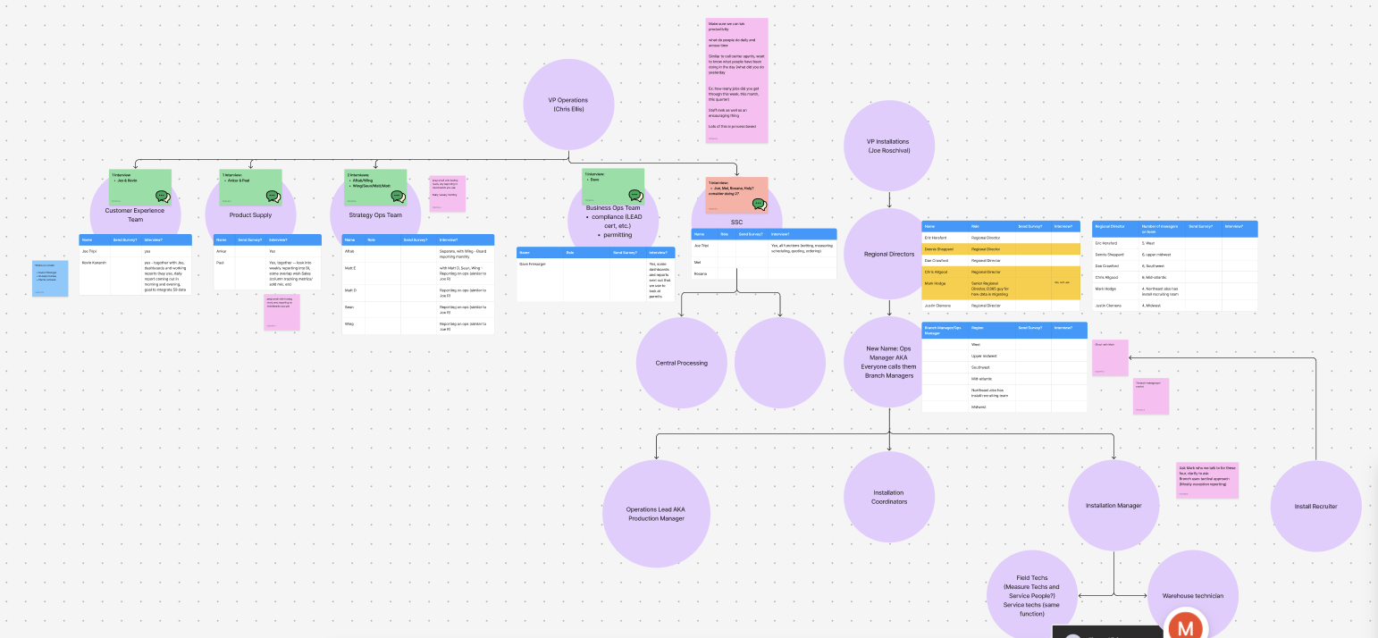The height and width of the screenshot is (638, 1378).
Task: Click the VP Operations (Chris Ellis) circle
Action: point(568,104)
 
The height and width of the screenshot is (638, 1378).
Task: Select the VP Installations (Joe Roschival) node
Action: point(889,146)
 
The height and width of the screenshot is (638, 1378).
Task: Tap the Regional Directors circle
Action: point(889,255)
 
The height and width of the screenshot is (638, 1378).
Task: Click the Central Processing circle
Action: point(681,363)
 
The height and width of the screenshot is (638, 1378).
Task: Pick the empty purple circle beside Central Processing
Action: point(779,362)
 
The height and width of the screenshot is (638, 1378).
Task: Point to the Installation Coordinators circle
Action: point(889,497)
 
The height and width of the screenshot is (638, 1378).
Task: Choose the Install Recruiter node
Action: point(1315,506)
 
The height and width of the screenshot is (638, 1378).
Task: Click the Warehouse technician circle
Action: point(1192,595)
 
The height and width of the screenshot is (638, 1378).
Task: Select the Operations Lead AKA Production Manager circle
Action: point(656,514)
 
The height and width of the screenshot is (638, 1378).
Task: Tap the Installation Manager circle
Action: point(1113,506)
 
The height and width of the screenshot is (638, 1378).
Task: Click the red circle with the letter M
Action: point(1186,627)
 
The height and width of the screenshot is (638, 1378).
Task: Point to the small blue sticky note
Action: point(50,278)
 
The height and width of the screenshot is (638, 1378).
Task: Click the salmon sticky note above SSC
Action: point(737,195)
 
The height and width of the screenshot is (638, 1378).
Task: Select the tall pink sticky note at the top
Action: point(737,80)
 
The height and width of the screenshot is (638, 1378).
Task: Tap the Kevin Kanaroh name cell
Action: point(94,263)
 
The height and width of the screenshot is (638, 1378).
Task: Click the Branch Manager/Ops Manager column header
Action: point(944,330)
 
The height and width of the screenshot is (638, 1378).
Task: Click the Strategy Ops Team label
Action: point(375,215)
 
